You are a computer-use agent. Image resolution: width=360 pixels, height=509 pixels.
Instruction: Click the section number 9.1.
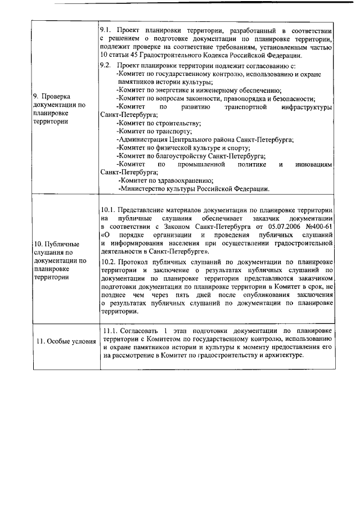pos(106,28)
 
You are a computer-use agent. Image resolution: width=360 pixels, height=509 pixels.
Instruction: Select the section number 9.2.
pos(106,65)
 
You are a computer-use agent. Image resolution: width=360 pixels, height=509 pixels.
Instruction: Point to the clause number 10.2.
pos(110,262)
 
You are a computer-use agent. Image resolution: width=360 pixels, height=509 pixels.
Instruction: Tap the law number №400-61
pos(319,226)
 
